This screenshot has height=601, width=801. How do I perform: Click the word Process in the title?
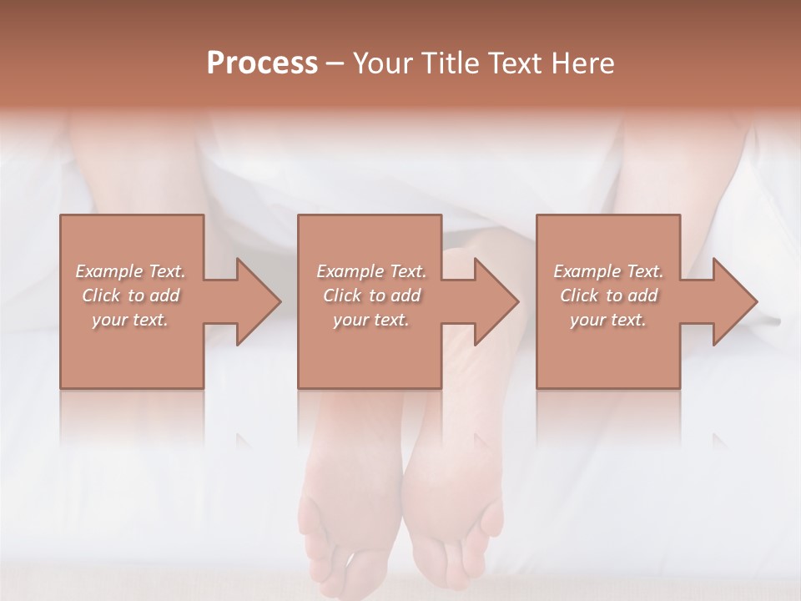(x=262, y=63)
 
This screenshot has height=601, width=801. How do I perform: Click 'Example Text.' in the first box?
(x=130, y=271)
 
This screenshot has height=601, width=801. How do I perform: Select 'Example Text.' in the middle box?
(x=370, y=271)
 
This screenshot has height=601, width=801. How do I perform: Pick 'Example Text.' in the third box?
(x=608, y=271)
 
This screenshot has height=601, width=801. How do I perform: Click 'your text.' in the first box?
(x=130, y=320)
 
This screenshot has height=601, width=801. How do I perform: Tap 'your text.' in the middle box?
(x=370, y=320)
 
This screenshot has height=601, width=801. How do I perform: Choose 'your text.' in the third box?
(x=608, y=320)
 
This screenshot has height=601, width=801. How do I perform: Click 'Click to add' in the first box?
(x=130, y=295)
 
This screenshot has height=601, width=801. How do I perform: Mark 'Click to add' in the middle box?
(x=370, y=295)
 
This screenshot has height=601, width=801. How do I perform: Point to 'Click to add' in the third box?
(x=608, y=295)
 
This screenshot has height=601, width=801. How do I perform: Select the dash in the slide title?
(x=335, y=63)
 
